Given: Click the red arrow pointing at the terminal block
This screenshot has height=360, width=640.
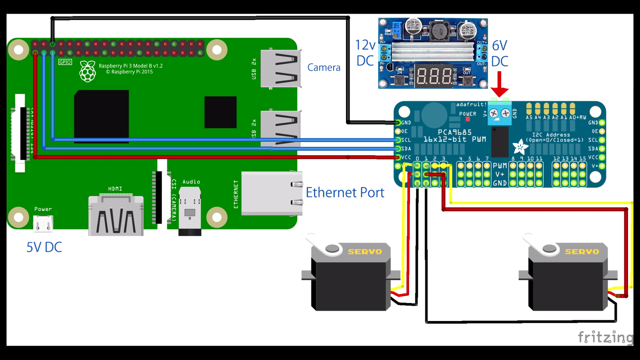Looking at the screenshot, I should coord(499,84).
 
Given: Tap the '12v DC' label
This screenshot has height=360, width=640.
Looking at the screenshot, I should coord(365,53).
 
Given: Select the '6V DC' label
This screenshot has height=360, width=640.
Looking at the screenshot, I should coord(500,53).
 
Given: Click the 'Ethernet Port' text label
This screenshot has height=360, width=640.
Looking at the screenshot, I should coord(345,192).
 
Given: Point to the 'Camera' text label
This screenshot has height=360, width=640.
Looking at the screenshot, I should coord(324,67).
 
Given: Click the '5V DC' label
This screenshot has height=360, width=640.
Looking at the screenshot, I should coord(44,247).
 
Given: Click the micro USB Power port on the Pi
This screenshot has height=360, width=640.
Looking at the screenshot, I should coord(43,224).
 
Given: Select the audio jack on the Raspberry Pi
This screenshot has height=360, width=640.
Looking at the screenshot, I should coord(190,211).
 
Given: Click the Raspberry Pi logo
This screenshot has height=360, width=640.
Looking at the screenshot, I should coord(87,71).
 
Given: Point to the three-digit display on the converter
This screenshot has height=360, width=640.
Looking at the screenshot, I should coord(434,75).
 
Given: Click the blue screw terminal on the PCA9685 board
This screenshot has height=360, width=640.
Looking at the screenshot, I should coord(499,113).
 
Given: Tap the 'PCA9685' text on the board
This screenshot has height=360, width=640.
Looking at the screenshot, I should coord(455,132).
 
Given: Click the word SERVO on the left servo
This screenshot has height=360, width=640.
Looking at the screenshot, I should coord(365,252).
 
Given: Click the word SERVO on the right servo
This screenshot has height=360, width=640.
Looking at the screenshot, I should coord(582,252).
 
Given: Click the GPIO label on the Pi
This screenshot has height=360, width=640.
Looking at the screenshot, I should coord(65,62).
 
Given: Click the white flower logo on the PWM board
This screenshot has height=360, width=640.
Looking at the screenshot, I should coord(520,147).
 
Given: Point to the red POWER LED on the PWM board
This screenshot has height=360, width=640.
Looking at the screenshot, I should coord(468,119).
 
